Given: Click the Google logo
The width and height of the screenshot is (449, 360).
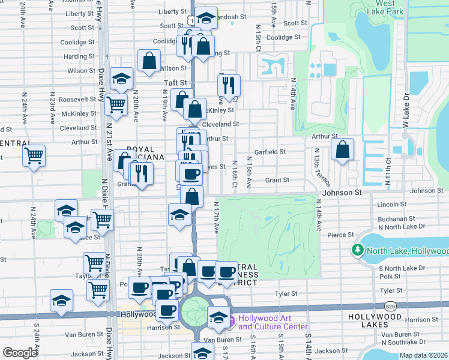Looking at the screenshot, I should pos(20,353).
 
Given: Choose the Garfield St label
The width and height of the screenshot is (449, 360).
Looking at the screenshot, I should pos(270,152).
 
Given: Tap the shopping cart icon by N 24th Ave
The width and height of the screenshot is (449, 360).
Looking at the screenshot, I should pos(34,156).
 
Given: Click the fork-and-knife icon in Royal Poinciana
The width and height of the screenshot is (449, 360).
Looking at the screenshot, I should pos(142,173).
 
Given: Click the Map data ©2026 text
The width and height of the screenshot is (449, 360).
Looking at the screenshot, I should pos(423,355).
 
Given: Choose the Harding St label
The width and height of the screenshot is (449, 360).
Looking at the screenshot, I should pos(76,57).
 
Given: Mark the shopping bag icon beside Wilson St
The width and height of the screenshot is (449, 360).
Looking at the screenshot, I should pos(149,61).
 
